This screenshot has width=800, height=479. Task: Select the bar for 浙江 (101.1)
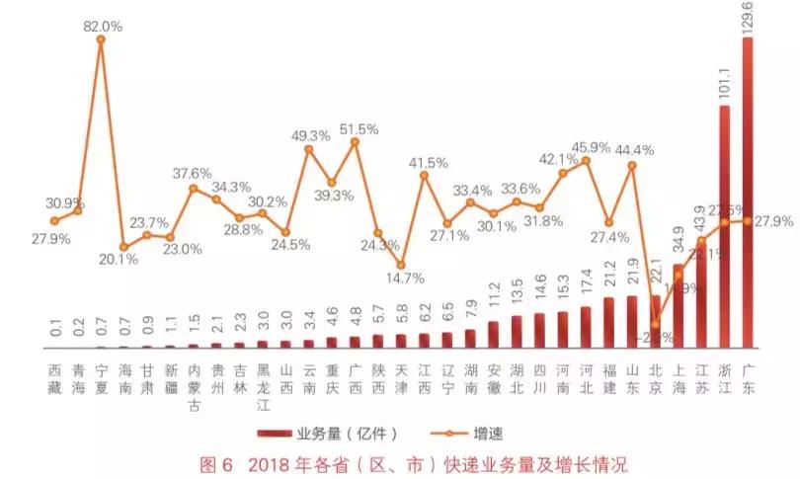[x=724, y=227]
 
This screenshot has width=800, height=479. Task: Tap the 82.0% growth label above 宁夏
[x=102, y=27]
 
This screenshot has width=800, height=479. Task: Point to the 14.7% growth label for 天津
[x=400, y=279]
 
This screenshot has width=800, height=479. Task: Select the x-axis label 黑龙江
[x=263, y=384]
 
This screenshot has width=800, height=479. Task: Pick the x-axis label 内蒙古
[x=194, y=384]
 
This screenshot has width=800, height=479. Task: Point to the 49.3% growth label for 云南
[x=310, y=135]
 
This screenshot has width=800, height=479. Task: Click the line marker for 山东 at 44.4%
[x=632, y=165]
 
